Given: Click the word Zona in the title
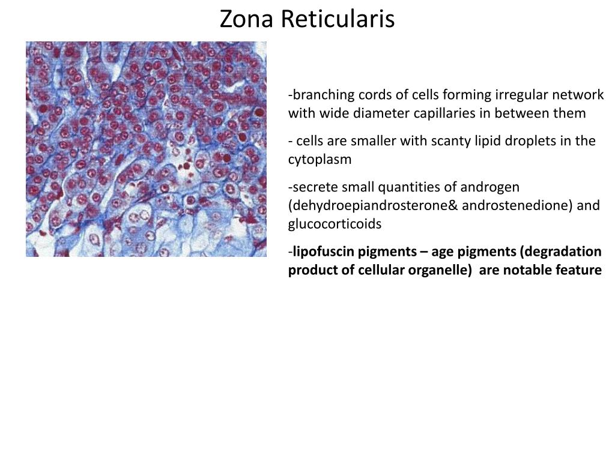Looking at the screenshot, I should click(x=240, y=19).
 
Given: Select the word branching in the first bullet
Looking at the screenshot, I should click(x=317, y=95).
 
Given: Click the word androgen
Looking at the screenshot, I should click(x=492, y=187).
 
